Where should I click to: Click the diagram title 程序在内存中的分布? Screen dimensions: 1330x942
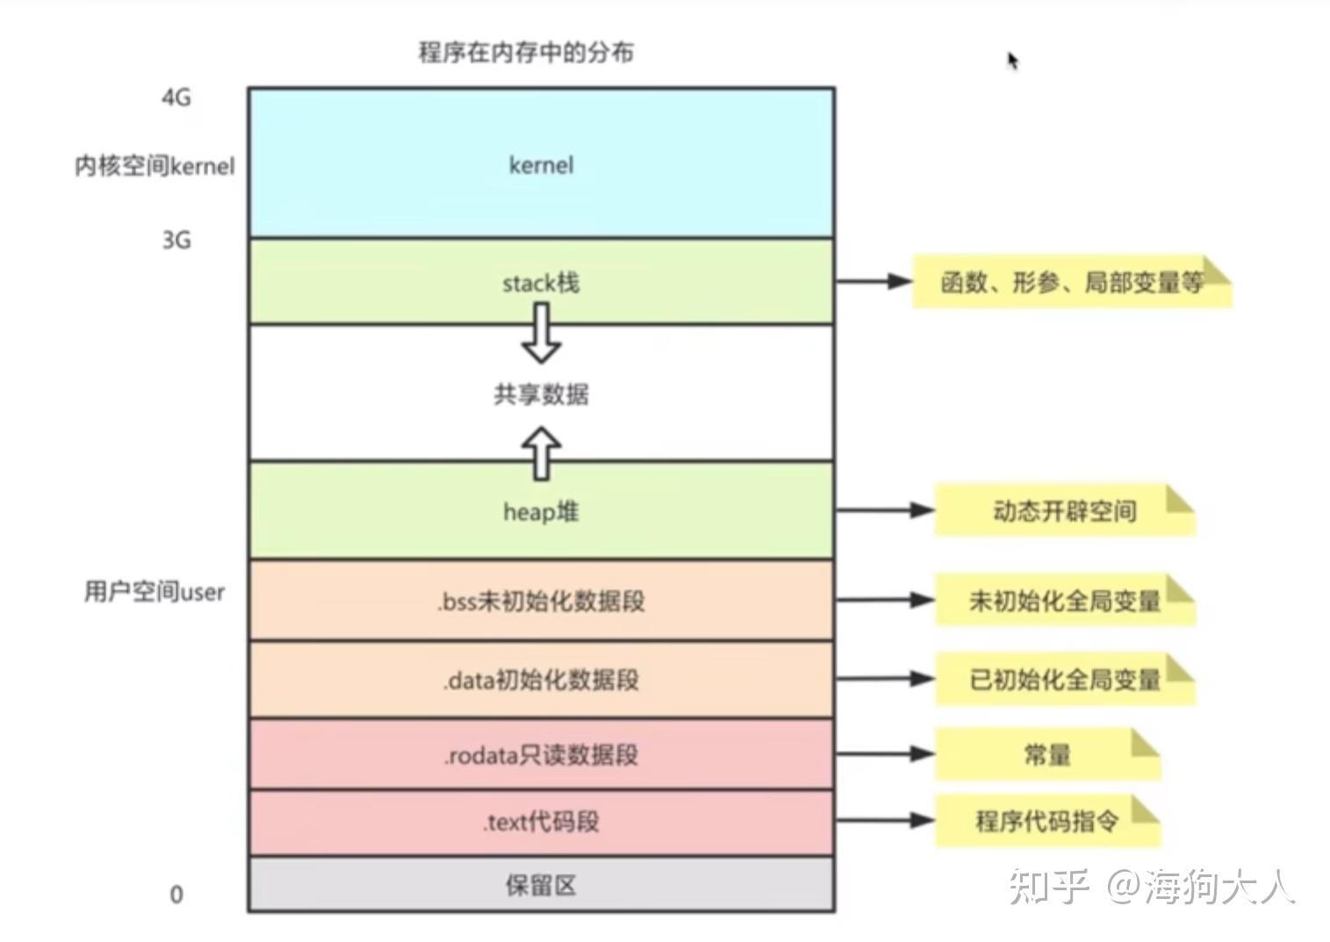(x=526, y=53)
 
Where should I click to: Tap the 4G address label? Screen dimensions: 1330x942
(x=176, y=97)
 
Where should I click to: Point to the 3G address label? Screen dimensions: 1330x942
(x=176, y=241)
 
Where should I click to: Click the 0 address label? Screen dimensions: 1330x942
(x=176, y=895)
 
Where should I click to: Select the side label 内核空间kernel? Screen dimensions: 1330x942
(x=155, y=166)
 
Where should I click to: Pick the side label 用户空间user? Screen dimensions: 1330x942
(x=155, y=592)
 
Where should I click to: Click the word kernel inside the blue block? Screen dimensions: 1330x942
(x=541, y=165)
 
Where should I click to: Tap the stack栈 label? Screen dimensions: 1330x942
(x=541, y=283)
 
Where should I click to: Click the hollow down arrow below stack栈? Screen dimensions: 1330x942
(x=541, y=333)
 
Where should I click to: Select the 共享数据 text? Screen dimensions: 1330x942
(x=541, y=394)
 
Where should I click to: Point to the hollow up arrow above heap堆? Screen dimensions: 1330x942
(x=541, y=453)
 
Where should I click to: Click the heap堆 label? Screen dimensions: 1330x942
(x=541, y=512)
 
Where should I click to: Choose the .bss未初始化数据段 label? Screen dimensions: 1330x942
(x=541, y=601)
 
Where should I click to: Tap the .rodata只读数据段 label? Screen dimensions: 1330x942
(x=541, y=755)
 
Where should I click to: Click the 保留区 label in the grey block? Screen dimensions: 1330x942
(x=541, y=885)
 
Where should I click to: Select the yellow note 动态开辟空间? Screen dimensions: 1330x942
(x=1065, y=511)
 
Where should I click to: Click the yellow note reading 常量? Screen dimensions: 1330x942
(x=1048, y=754)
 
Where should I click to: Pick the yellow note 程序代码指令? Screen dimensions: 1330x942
(x=1048, y=821)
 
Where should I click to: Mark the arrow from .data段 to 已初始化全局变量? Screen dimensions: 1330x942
(x=885, y=679)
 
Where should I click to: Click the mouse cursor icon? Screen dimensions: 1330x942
(x=1012, y=60)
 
